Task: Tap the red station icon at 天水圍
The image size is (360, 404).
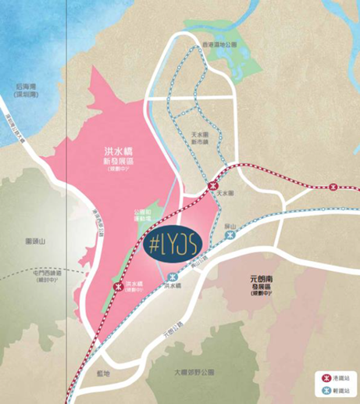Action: [x=213, y=186]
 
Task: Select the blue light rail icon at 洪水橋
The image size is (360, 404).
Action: [x=172, y=275]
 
